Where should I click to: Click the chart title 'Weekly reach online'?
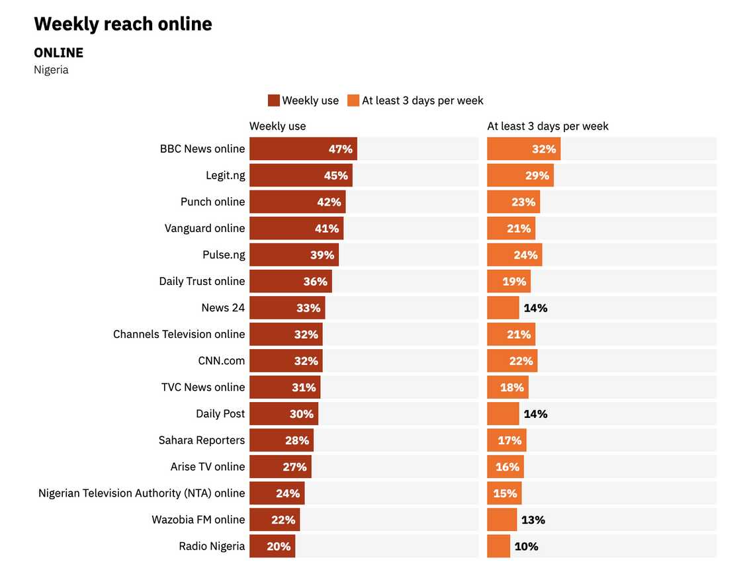pyautogui.click(x=123, y=24)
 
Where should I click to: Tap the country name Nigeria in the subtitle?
pyautogui.click(x=51, y=69)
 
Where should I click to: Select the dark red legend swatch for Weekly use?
pyautogui.click(x=274, y=101)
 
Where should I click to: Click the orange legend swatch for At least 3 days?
pyautogui.click(x=353, y=101)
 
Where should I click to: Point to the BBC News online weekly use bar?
pyautogui.click(x=303, y=149)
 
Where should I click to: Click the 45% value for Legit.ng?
pyautogui.click(x=335, y=175)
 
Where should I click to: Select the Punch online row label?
pyautogui.click(x=212, y=202)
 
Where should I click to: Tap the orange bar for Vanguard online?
pyautogui.click(x=511, y=228)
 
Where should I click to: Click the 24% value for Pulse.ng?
pyautogui.click(x=526, y=255)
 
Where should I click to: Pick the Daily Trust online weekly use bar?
pyautogui.click(x=290, y=281)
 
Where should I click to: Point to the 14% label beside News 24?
pyautogui.click(x=535, y=307)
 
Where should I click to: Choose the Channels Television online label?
pyautogui.click(x=179, y=334)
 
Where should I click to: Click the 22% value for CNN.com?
pyautogui.click(x=521, y=360)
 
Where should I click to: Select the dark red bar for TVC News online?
pyautogui.click(x=284, y=387)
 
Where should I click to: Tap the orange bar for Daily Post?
pyautogui.click(x=503, y=413)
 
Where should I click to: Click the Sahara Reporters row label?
pyautogui.click(x=201, y=440)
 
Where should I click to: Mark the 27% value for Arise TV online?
pyautogui.click(x=294, y=466)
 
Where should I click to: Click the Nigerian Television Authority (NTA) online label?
pyautogui.click(x=142, y=493)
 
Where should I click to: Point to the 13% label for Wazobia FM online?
pyautogui.click(x=533, y=520)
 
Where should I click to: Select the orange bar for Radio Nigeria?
pyautogui.click(x=499, y=546)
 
